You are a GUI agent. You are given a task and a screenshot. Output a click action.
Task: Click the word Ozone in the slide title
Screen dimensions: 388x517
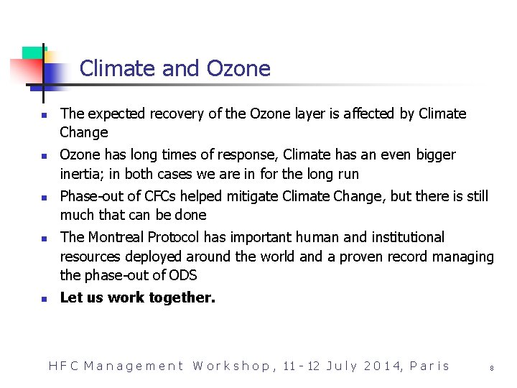click(238, 68)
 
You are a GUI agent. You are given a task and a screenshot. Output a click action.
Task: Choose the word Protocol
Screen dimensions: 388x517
click(173, 237)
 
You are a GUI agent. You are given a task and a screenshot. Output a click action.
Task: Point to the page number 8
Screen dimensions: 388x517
click(492, 368)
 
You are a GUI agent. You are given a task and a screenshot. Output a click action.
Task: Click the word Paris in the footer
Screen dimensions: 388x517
click(429, 366)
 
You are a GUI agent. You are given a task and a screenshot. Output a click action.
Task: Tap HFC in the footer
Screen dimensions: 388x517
click(62, 366)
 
